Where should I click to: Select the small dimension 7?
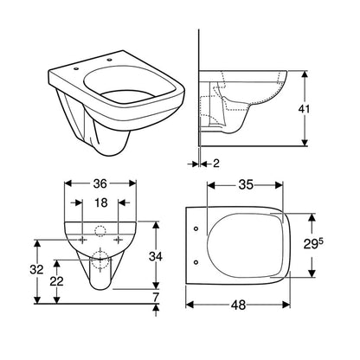click(156, 298)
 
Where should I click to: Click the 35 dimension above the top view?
click(246, 184)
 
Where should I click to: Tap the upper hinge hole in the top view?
click(198, 229)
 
